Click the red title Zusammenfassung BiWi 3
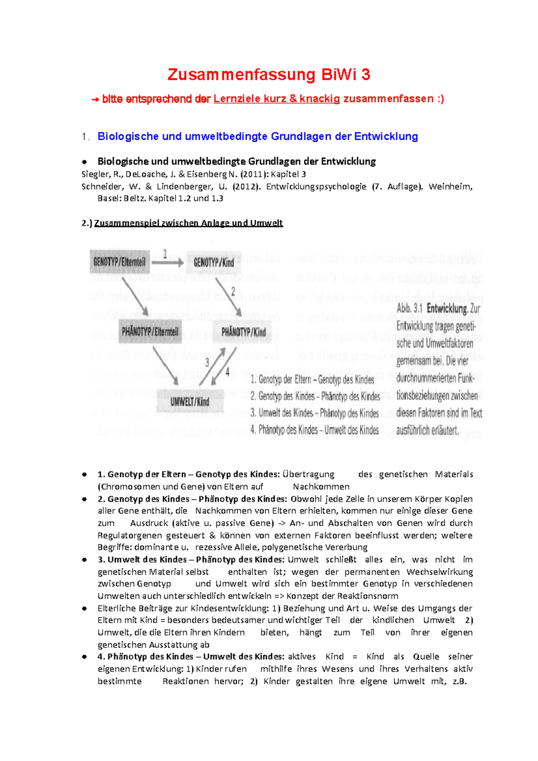pos(269,74)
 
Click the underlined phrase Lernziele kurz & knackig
pos(277,99)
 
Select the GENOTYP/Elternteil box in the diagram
pos(119,262)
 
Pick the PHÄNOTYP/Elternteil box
pos(150,332)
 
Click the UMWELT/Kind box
pos(190,402)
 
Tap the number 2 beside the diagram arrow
pos(233,292)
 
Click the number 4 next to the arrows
pos(227,372)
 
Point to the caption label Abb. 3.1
pos(409,308)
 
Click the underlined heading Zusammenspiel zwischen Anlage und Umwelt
pos(188,223)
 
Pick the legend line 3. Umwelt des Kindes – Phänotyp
pos(314,413)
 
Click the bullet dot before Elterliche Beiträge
pos(84,609)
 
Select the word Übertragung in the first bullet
pos(308,474)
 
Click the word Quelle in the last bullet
pos(426,657)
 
